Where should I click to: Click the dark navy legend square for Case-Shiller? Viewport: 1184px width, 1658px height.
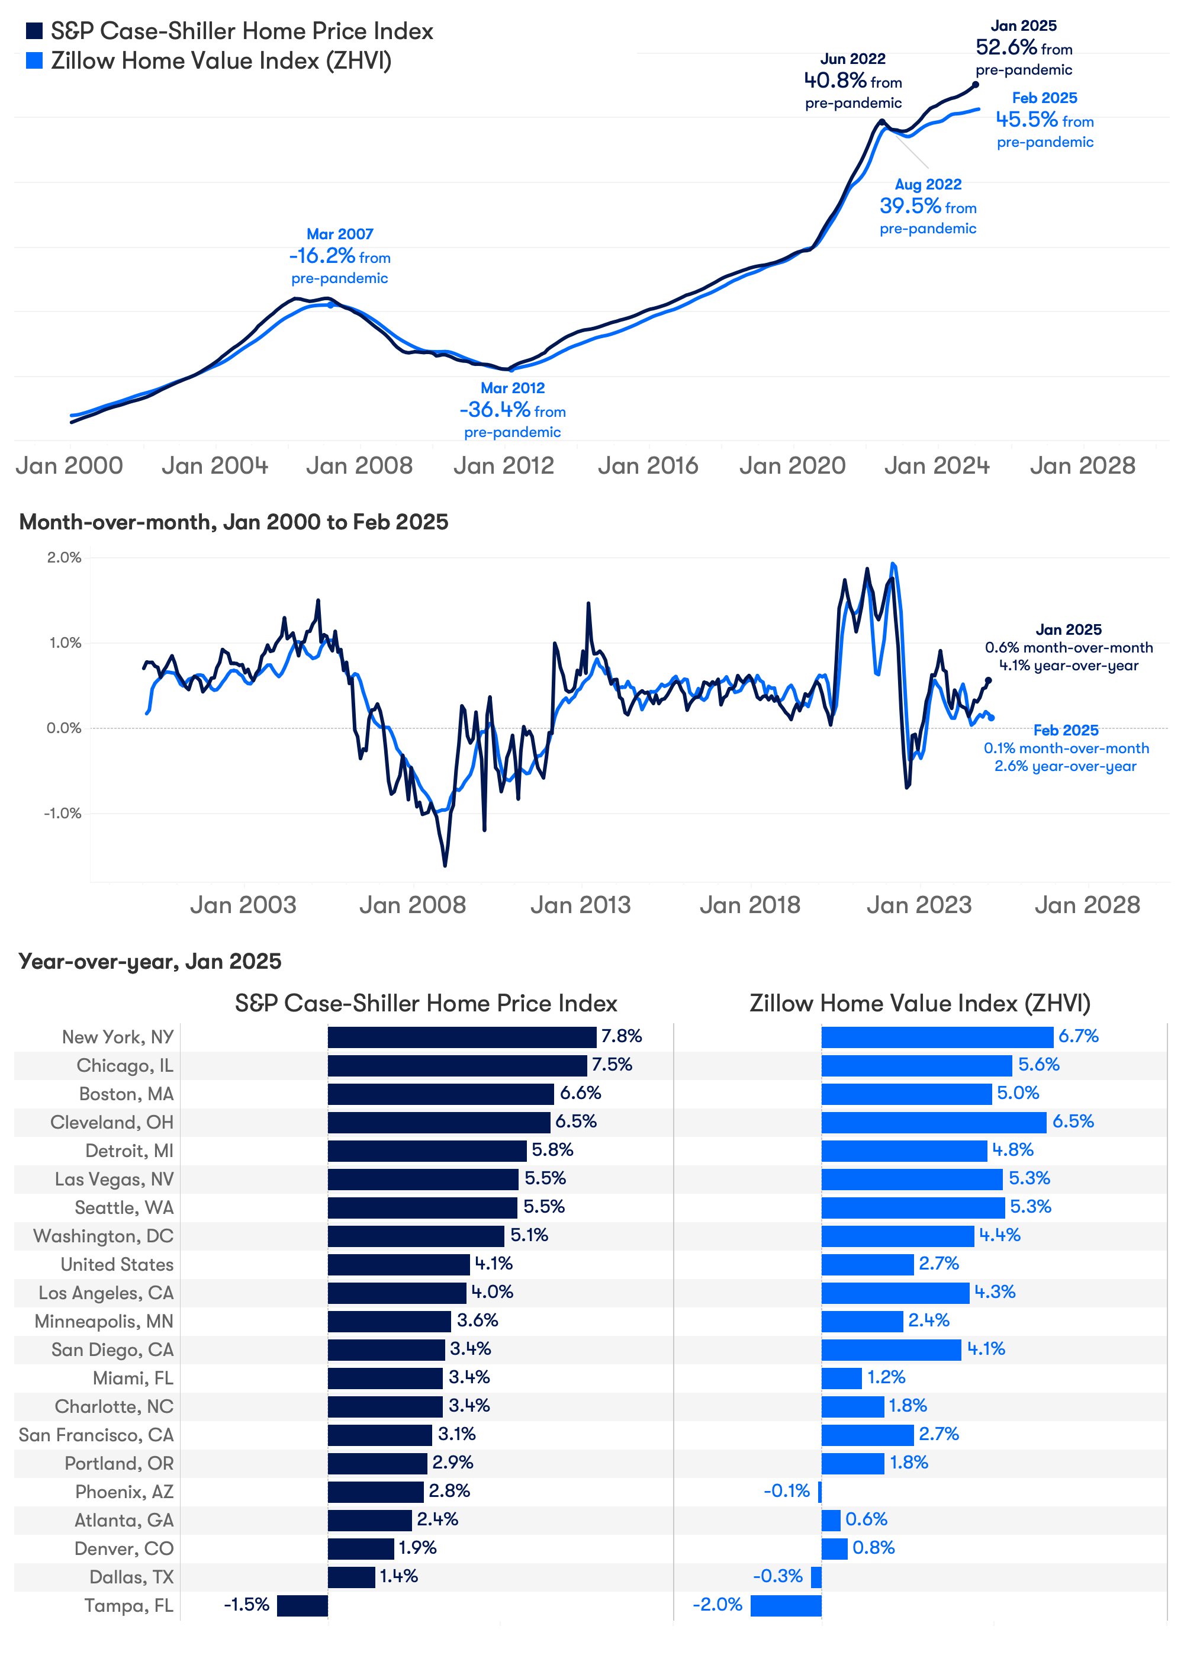click(34, 31)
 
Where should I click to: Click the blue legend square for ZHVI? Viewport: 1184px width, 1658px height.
click(34, 60)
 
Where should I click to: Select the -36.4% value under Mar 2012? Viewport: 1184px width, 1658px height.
click(494, 410)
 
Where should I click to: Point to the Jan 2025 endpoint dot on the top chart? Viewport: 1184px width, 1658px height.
click(976, 85)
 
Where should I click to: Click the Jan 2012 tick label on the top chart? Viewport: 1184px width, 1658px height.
click(503, 465)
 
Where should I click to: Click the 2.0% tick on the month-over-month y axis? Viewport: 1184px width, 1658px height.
click(64, 558)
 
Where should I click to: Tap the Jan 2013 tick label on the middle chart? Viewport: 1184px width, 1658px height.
click(580, 905)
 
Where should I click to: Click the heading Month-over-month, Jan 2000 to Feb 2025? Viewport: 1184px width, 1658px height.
click(233, 522)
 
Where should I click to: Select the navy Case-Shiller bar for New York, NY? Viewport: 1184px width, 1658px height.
click(462, 1037)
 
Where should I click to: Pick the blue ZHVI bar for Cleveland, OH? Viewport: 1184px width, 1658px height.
click(933, 1122)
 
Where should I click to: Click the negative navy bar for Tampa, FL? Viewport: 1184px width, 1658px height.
click(302, 1605)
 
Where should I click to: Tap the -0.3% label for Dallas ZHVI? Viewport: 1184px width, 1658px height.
click(777, 1576)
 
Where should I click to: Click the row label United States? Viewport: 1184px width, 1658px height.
click(117, 1264)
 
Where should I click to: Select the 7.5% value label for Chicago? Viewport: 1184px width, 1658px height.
click(611, 1065)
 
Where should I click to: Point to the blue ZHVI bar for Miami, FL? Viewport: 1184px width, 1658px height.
click(841, 1378)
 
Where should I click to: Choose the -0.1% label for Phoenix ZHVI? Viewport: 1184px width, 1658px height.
click(786, 1491)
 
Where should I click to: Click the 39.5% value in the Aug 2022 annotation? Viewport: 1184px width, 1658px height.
click(910, 206)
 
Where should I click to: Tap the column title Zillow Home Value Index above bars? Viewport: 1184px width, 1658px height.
click(919, 1003)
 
